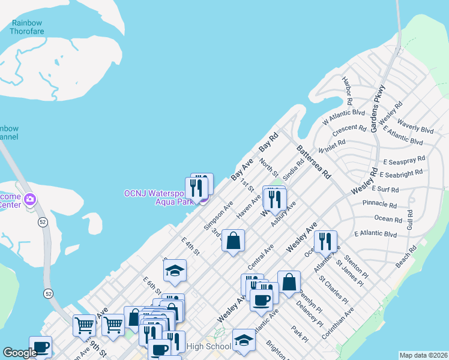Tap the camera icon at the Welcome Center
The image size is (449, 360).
coord(31,199)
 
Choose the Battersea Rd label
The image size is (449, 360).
coord(313,161)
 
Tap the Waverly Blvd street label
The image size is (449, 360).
coord(415,130)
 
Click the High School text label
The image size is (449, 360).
coord(208,346)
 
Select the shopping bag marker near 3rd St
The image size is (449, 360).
coord(234,241)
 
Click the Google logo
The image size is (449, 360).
coord(20,353)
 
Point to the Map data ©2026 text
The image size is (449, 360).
coord(424,355)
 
